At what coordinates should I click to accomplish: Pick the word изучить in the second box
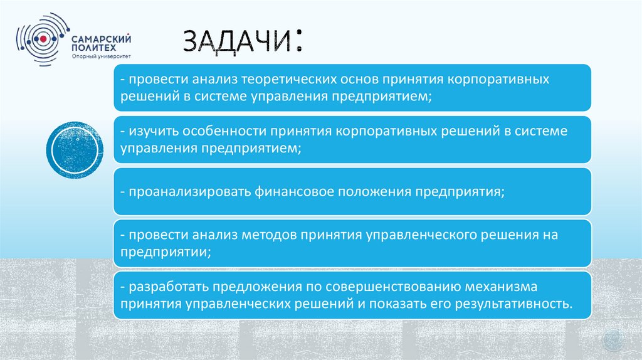coord(154,132)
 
